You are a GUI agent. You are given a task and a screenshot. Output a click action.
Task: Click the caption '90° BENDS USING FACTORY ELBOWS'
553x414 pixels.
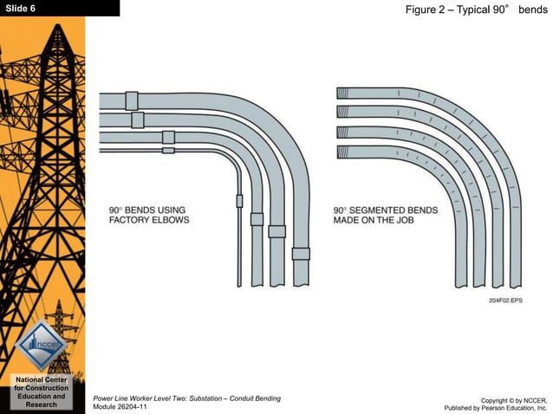(x=148, y=215)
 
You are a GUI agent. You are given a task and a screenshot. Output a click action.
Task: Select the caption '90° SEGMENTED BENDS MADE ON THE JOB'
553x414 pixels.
(x=386, y=215)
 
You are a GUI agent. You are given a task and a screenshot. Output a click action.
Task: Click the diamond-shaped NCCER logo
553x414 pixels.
(x=41, y=343)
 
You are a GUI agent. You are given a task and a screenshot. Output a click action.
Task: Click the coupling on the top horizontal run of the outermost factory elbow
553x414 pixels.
(x=132, y=100)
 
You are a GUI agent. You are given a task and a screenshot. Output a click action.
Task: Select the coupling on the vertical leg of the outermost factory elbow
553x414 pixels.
(x=300, y=254)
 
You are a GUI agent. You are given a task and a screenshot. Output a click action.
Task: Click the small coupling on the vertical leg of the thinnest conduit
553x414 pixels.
(x=240, y=201)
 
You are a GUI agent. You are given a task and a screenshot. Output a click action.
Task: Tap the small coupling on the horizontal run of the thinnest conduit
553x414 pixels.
(x=168, y=150)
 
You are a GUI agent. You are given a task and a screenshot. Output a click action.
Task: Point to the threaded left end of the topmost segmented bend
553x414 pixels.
(x=342, y=94)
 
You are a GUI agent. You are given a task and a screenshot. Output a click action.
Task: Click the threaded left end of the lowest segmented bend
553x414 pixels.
(x=342, y=152)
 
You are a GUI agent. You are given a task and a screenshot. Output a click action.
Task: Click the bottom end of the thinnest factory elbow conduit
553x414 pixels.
(x=240, y=282)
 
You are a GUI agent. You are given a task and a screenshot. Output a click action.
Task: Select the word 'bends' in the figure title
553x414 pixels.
(x=533, y=8)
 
